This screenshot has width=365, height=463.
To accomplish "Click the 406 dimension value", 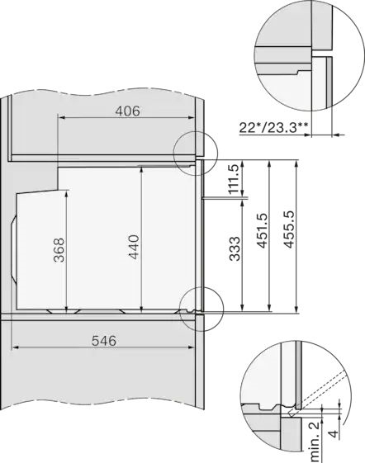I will pos(126,111).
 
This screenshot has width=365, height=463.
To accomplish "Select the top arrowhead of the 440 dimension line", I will pos(143,168).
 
